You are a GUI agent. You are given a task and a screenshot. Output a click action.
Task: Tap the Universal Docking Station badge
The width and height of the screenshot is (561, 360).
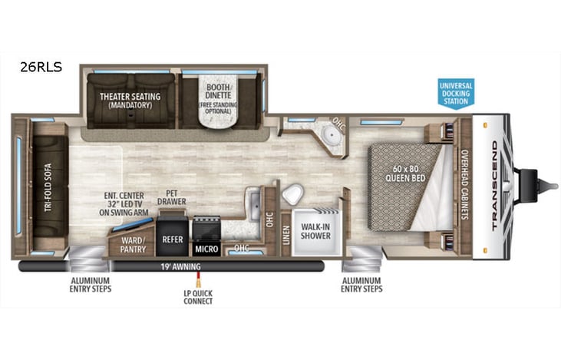click(x=456, y=92)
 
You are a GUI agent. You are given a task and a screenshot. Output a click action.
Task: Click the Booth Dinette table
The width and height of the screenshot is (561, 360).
click(x=219, y=111)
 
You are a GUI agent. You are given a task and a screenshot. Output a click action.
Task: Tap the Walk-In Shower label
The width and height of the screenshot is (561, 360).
click(x=315, y=231)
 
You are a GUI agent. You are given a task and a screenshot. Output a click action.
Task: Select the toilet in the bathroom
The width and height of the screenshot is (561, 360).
click(x=292, y=194)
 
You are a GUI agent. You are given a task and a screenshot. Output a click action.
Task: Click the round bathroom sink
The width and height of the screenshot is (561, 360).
click(x=331, y=139)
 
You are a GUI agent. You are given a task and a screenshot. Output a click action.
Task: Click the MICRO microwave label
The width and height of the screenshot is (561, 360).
click(x=206, y=249)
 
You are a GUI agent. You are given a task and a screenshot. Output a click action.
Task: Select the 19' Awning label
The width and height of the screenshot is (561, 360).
click(x=181, y=266)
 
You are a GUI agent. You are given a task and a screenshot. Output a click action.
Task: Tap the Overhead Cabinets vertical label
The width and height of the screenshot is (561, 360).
click(x=464, y=185)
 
